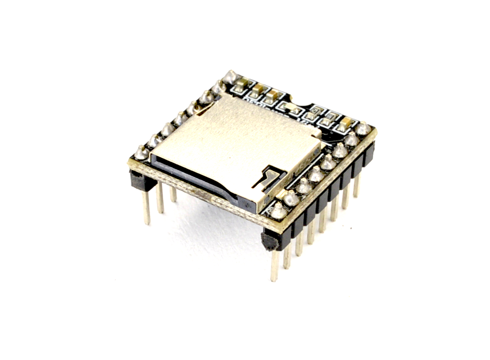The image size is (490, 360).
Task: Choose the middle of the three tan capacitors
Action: pos(259,90)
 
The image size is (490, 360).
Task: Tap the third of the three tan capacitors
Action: pos(274,95)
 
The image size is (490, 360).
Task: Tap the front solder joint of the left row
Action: pos(141,152)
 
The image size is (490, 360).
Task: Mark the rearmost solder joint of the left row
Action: pos(231,76)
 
